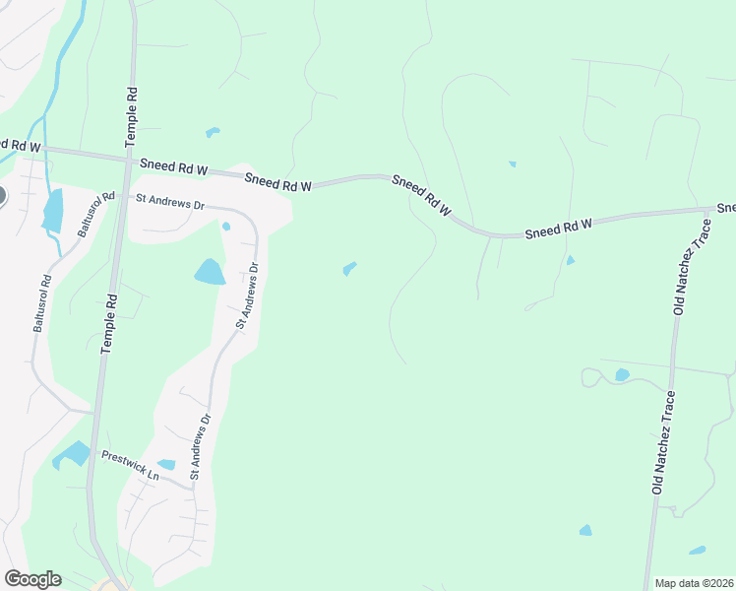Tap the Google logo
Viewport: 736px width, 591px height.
32,578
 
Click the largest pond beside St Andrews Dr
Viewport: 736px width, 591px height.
210,272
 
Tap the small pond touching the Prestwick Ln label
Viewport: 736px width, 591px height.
166,464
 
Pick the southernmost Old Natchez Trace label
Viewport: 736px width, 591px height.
662,443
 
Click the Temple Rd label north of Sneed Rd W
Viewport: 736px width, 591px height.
130,116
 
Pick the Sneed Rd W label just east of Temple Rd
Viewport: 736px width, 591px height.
174,167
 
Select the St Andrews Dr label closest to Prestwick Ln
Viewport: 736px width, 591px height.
200,446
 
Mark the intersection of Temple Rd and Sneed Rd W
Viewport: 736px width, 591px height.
127,156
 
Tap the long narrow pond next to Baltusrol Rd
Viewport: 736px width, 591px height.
52,210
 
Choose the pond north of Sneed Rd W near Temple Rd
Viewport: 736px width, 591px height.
212,131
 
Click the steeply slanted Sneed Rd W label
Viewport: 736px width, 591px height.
421,196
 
